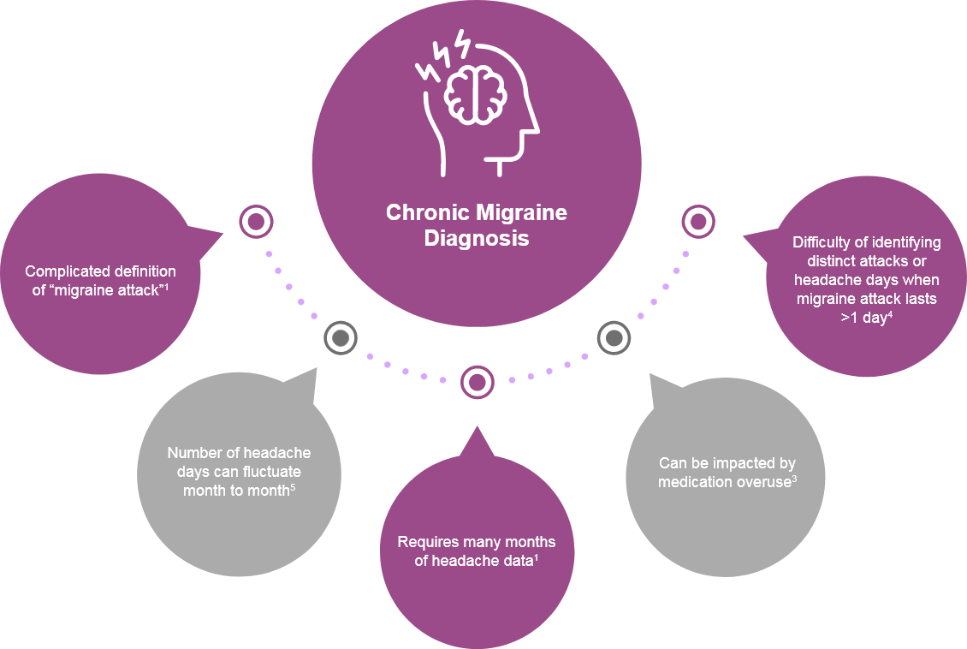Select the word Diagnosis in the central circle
pyautogui.click(x=477, y=239)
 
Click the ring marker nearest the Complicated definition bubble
pyautogui.click(x=255, y=223)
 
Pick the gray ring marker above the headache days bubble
pyautogui.click(x=340, y=338)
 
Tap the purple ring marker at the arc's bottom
pyautogui.click(x=477, y=382)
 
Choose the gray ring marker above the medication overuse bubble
pyautogui.click(x=613, y=338)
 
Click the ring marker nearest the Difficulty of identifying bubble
pyautogui.click(x=698, y=223)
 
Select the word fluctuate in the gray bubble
pyautogui.click(x=270, y=472)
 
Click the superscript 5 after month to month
pyautogui.click(x=293, y=487)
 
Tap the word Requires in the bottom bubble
pyautogui.click(x=427, y=542)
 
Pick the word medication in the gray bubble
pyautogui.click(x=697, y=482)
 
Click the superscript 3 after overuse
pyautogui.click(x=794, y=478)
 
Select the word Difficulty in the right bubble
pyautogui.click(x=823, y=242)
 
